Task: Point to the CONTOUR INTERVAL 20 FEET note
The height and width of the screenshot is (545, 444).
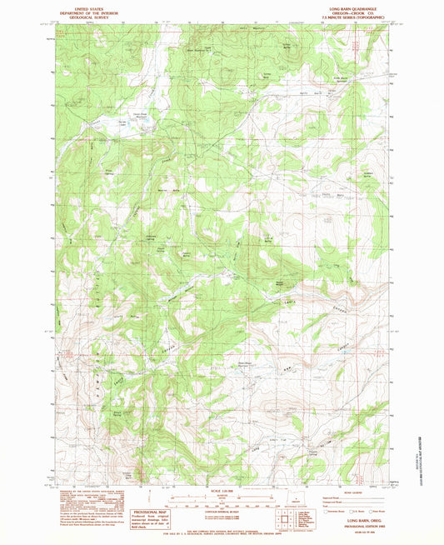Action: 222,511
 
